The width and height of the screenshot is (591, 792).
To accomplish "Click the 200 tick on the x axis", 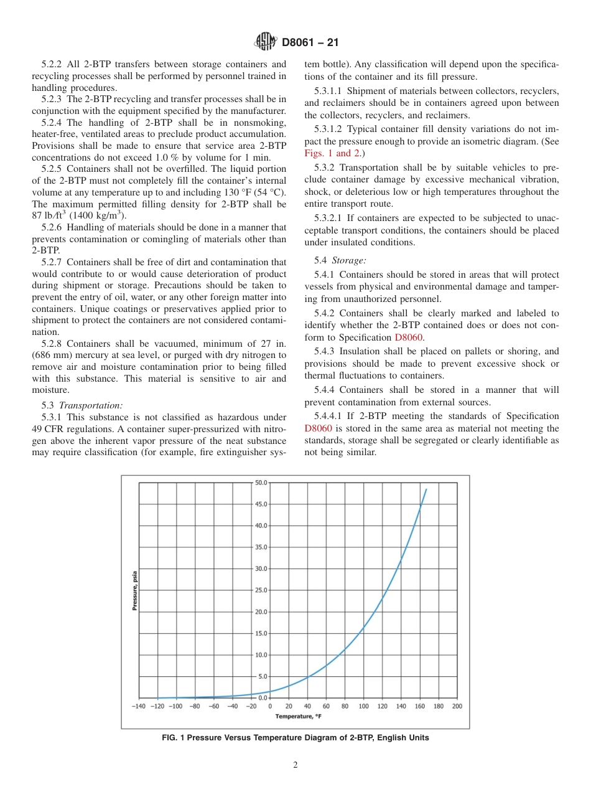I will pos(457,706).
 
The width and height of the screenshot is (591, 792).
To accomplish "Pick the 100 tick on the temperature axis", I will pos(363,706).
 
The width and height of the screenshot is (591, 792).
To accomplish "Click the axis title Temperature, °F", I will pos(298,716).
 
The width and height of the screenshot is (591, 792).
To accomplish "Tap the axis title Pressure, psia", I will pos(134,590).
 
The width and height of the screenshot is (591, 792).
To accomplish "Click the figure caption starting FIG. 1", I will pos(295,738).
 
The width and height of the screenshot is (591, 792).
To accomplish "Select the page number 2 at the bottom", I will pos(295,765).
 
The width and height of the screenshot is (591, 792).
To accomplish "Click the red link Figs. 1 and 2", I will pos(327,153).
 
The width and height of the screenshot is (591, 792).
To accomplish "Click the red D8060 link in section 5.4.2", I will pos(408,337).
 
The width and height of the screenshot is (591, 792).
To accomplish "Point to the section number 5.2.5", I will pos(53,169).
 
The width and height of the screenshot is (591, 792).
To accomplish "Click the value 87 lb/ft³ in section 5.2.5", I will pos(49,215).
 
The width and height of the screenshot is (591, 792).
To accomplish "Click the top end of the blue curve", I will pos(426,489).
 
